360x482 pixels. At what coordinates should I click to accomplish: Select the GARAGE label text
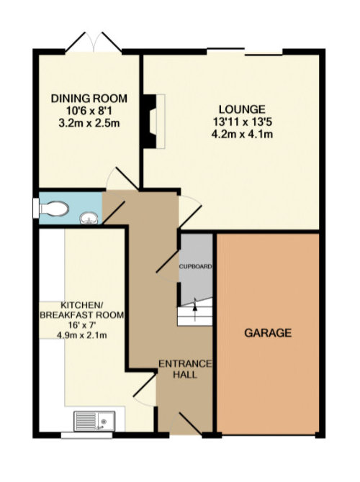(x=267, y=333)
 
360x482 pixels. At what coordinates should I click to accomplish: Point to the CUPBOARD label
(x=196, y=267)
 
